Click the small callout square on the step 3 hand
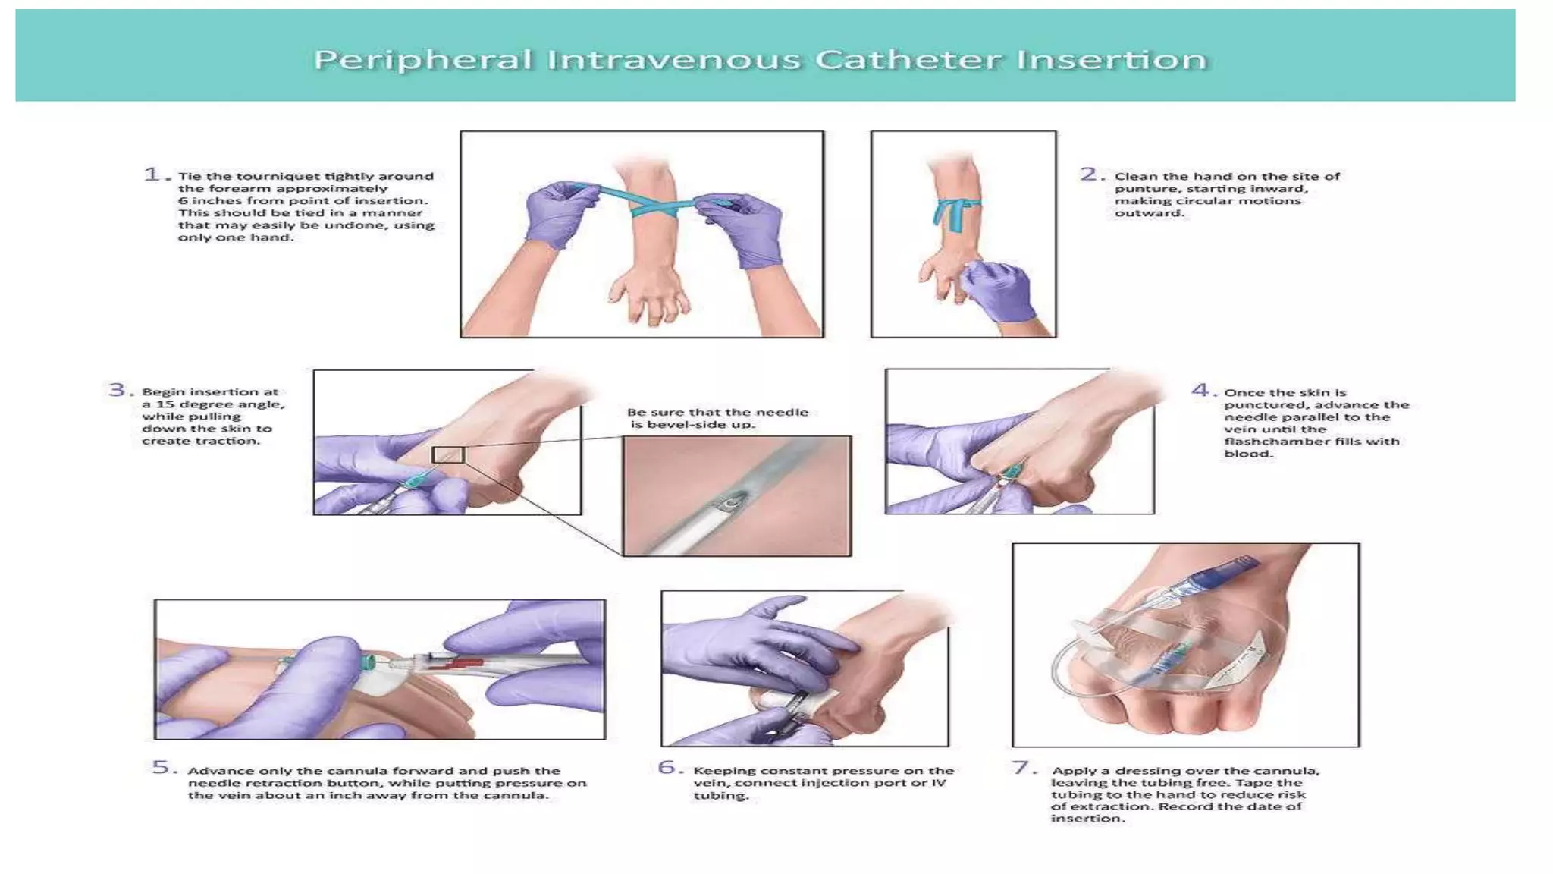[x=448, y=455]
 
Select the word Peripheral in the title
[x=423, y=60]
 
